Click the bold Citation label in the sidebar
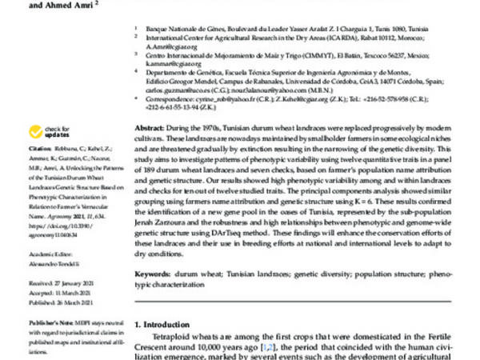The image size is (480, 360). [40, 149]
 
